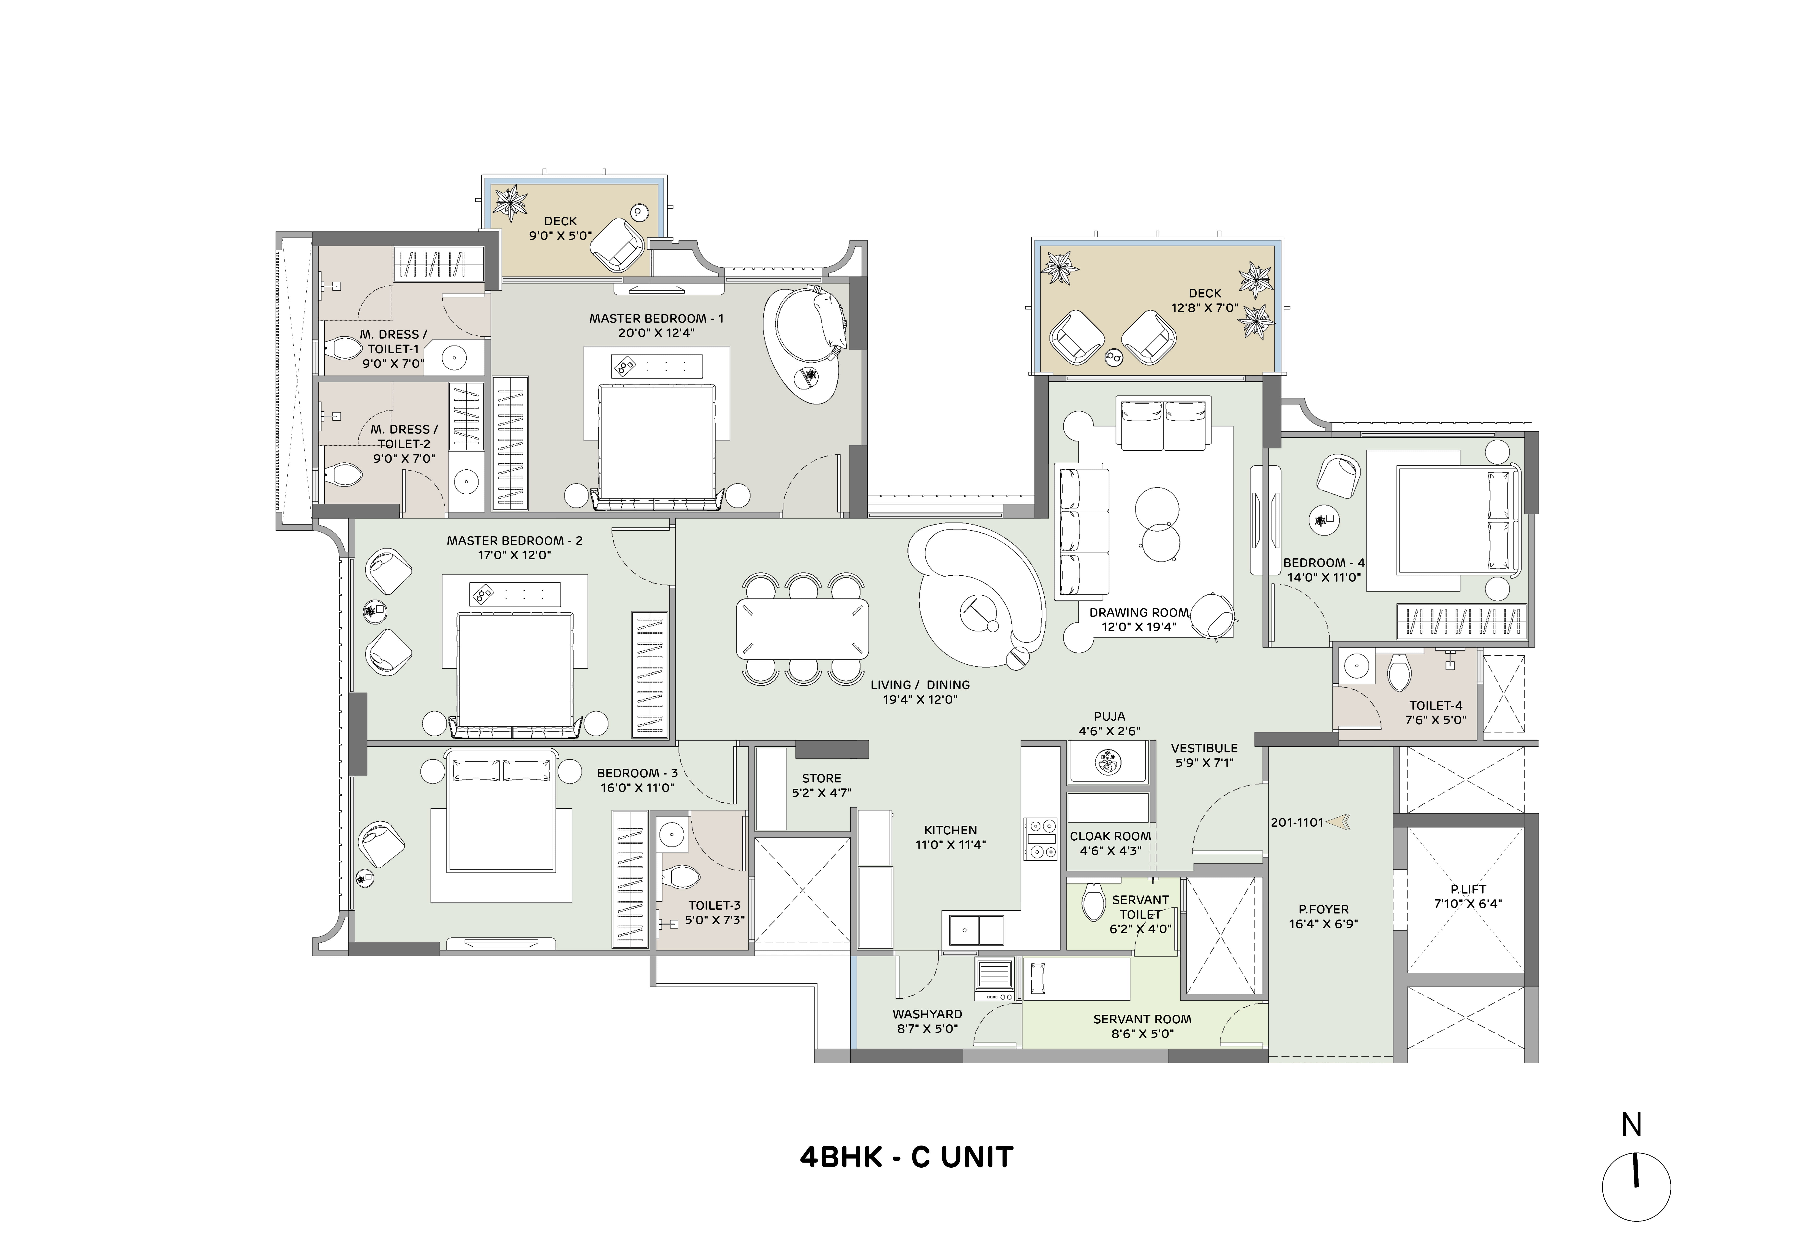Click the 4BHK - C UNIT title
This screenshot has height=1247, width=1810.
pos(906,1156)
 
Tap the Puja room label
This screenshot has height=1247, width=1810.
pos(1109,716)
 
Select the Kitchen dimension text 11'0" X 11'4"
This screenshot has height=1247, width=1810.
pos(951,845)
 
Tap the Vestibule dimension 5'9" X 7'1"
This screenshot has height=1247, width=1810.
pos(1204,762)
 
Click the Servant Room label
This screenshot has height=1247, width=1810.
pos(1142,1019)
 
